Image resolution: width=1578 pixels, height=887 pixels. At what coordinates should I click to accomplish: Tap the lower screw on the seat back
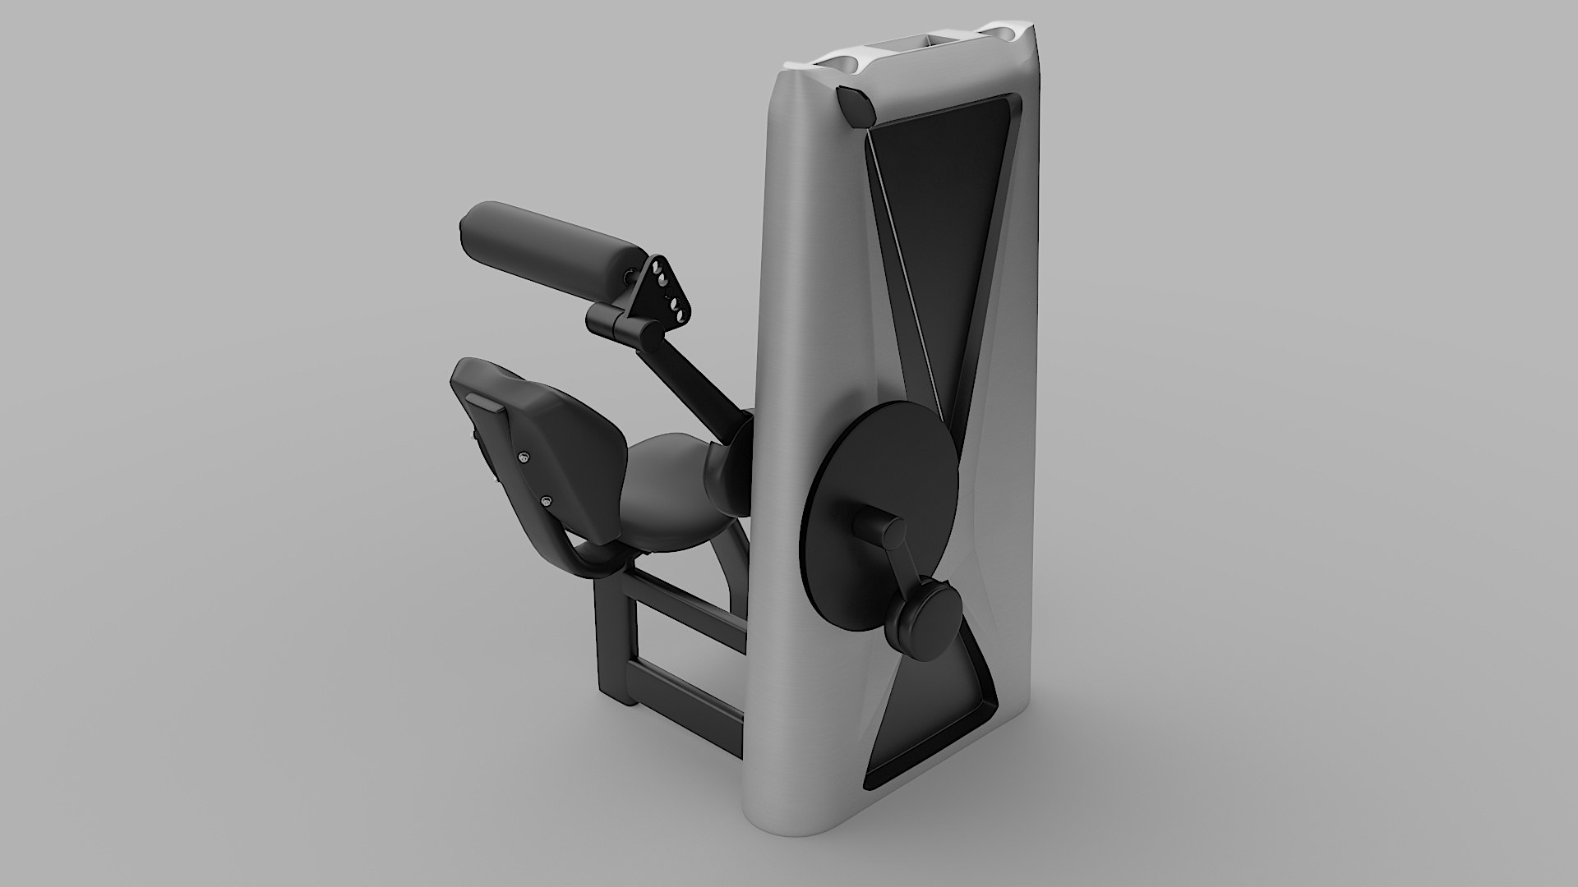coord(546,499)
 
